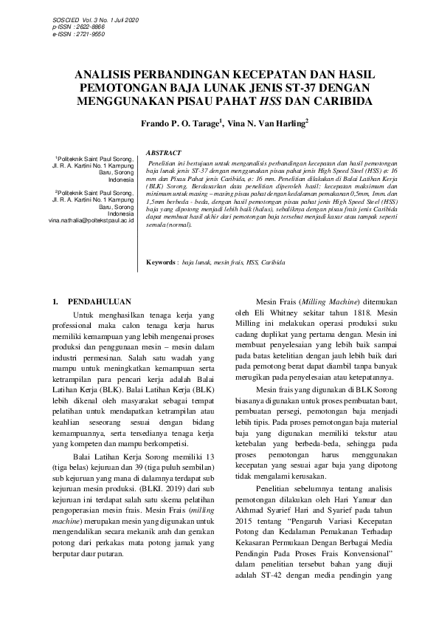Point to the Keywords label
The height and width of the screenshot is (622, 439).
[161, 262]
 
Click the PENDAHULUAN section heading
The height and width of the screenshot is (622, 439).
[99, 302]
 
